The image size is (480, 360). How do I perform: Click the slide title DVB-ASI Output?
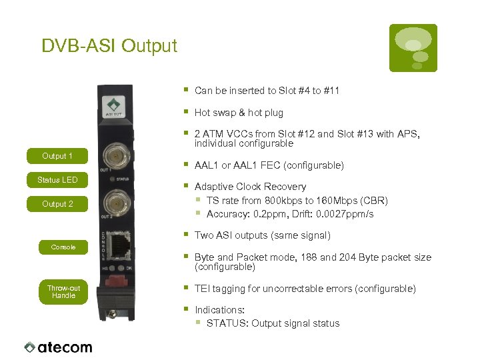pyautogui.click(x=109, y=46)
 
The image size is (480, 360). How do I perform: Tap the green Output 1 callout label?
pyautogui.click(x=57, y=156)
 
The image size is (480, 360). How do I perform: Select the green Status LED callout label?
pyautogui.click(x=57, y=180)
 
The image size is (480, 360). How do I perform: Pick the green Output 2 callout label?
pyautogui.click(x=57, y=204)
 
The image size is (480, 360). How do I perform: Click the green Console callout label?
pyautogui.click(x=63, y=247)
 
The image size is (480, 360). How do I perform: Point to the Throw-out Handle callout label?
pyautogui.click(x=63, y=292)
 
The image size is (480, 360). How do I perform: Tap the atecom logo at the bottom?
pyautogui.click(x=58, y=347)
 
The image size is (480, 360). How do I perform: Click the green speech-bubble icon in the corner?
pyautogui.click(x=413, y=48)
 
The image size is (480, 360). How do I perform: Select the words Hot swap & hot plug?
pyautogui.click(x=239, y=113)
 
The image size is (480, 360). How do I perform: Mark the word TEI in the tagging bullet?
pyautogui.click(x=203, y=289)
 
